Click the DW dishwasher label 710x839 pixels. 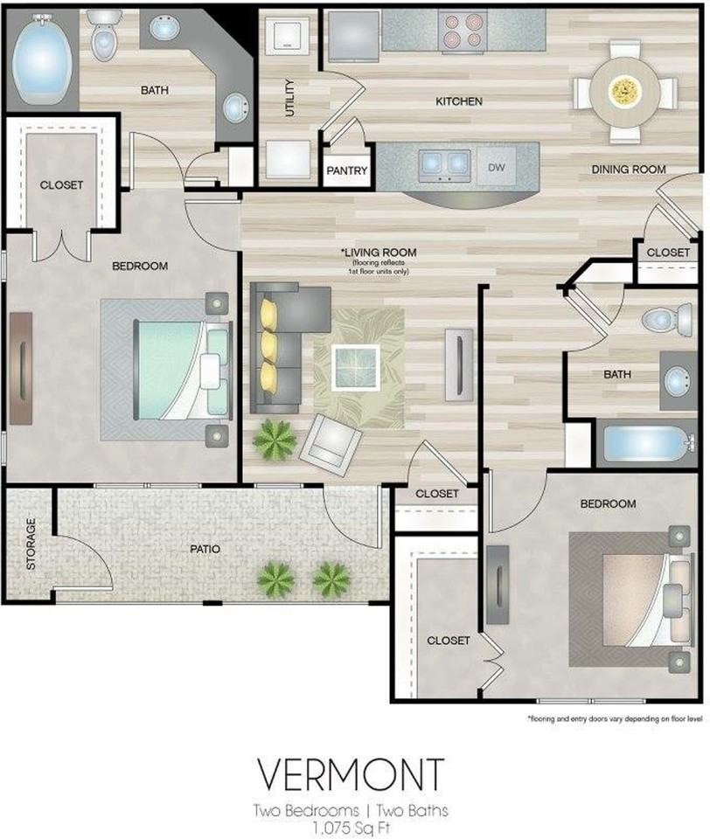pos(497,167)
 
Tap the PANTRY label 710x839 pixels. pos(347,170)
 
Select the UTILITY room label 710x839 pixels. pos(289,98)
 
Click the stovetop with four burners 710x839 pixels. pos(463,31)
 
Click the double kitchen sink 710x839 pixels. pos(444,163)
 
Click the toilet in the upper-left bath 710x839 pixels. pos(103,35)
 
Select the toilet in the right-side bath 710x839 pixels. pos(667,319)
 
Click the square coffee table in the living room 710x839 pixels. pos(356,367)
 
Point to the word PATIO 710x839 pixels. pos(205,549)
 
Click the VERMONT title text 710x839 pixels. pos(352,773)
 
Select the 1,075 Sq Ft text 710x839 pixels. pos(352,829)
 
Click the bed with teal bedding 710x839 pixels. pos(183,370)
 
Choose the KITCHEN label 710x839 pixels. pos(459,101)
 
